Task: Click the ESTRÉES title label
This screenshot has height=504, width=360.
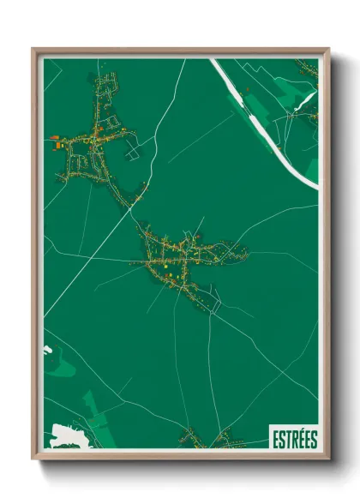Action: pos(294,438)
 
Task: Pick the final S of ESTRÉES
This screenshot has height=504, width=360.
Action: pos(314,438)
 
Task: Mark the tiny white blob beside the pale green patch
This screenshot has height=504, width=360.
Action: pos(47,349)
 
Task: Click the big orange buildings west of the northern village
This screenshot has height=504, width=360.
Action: pos(61,145)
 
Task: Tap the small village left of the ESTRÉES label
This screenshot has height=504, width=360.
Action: pos(210,440)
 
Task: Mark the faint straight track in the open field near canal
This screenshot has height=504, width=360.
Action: pos(201,137)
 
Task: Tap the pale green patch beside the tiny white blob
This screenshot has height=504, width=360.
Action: pos(60,364)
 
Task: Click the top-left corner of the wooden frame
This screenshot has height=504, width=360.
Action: pos(34,49)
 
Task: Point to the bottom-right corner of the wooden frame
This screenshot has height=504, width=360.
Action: pos(328,458)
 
